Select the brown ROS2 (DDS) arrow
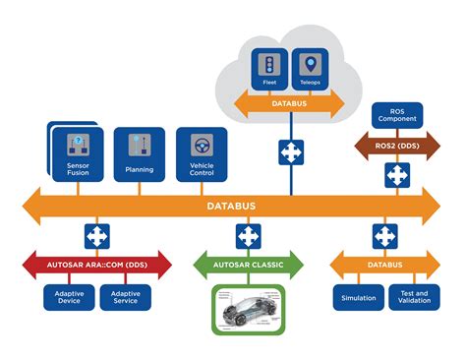(396, 147)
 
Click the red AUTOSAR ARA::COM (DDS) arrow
(97, 267)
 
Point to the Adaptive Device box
(69, 296)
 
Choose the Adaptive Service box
(126, 296)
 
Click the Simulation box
(358, 296)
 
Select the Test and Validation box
(414, 296)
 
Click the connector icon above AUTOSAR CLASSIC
(248, 236)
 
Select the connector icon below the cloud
(290, 152)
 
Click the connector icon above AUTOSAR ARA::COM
(97, 236)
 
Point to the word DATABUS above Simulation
(385, 267)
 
